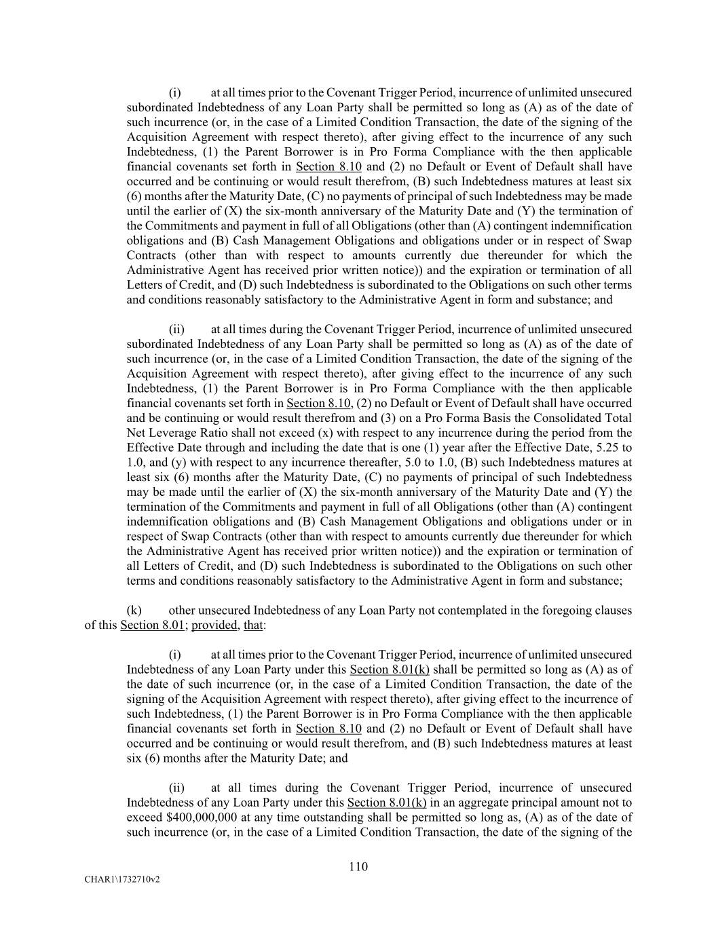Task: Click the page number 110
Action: pyautogui.click(x=358, y=866)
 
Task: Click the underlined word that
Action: pyautogui.click(x=253, y=625)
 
